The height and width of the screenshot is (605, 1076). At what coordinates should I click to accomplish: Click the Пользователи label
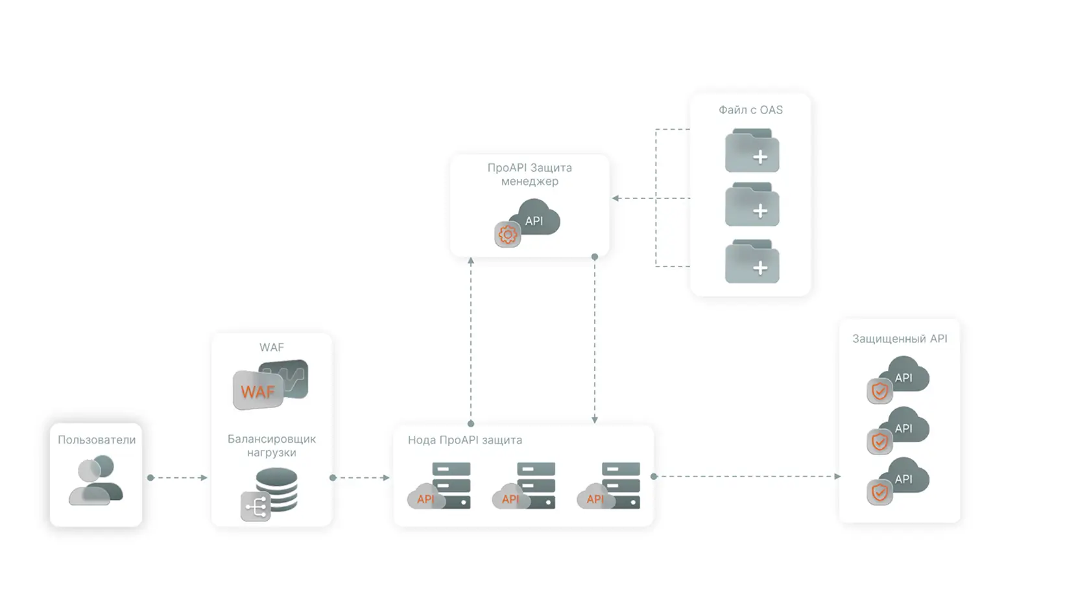[x=97, y=440]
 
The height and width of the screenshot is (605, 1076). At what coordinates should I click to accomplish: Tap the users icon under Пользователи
[x=96, y=480]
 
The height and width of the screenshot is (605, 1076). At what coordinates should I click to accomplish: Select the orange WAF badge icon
[x=258, y=391]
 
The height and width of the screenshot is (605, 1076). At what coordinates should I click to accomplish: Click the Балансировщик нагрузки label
[x=272, y=445]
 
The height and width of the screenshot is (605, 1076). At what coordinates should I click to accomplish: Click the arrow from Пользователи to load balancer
[x=178, y=478]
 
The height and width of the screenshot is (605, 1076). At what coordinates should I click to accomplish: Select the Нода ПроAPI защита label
[x=464, y=440]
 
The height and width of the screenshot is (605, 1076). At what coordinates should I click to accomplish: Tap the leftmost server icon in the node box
[x=440, y=486]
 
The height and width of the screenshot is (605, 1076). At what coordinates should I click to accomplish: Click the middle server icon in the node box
[x=525, y=486]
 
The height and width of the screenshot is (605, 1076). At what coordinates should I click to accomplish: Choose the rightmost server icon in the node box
[x=610, y=486]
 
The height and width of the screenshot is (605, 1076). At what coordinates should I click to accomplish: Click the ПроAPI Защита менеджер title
[x=529, y=174]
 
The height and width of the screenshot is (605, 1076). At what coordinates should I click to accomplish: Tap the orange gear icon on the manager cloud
[x=507, y=235]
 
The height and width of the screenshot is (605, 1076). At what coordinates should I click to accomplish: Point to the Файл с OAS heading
[x=750, y=110]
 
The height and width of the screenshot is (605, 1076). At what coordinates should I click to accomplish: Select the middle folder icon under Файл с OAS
[x=752, y=205]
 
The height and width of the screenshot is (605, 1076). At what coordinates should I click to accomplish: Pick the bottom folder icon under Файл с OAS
[x=752, y=262]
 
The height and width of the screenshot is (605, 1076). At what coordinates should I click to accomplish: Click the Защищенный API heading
[x=900, y=338]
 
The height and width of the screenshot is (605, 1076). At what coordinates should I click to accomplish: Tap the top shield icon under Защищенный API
[x=879, y=391]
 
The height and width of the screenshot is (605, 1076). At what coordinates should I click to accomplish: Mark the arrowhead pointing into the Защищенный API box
[x=837, y=477]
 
